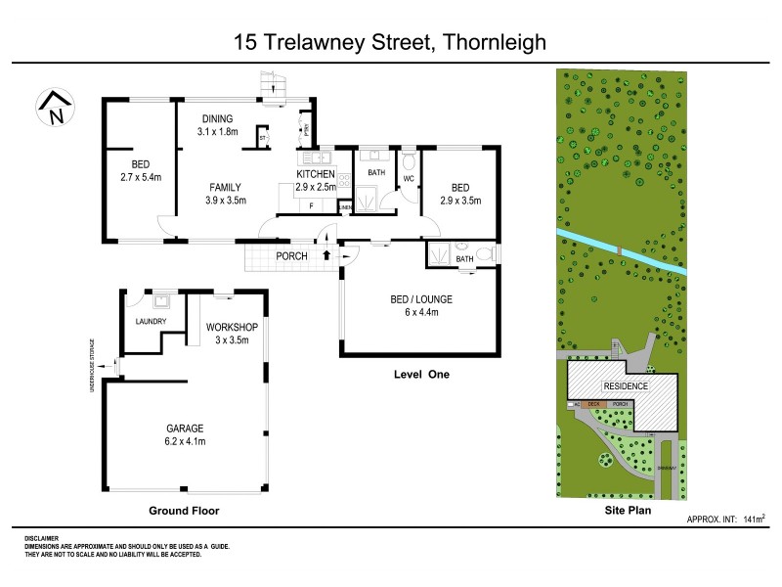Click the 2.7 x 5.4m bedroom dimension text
pos(140,177)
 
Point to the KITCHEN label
pos(316,174)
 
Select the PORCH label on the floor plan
pos(292,256)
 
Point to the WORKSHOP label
pos(232,327)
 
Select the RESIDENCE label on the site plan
pos(625,386)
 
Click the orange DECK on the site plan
pos(592,403)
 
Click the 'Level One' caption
pos(420,374)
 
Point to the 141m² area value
pos(755,519)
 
